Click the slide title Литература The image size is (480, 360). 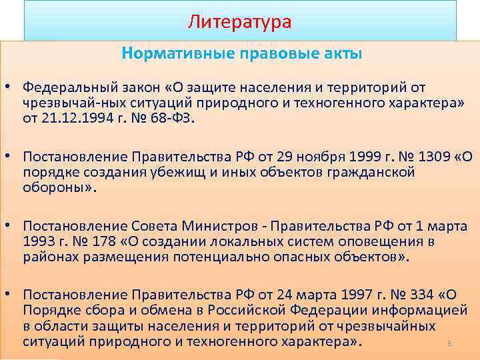pos(239,22)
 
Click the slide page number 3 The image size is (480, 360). pos(449,344)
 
